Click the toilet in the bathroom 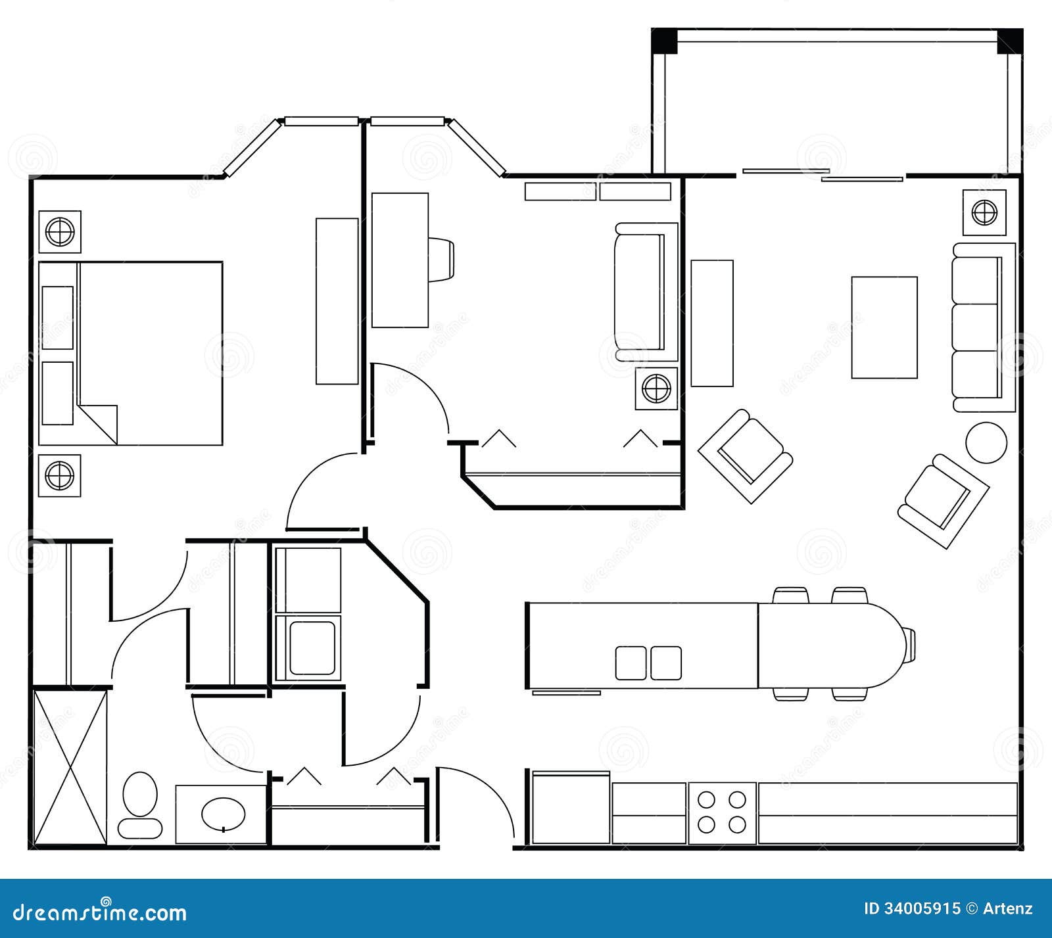click(140, 803)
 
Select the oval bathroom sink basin click(223, 814)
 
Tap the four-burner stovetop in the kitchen click(722, 812)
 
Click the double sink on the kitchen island click(648, 663)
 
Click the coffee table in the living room click(884, 327)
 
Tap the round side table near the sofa click(986, 443)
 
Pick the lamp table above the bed click(60, 232)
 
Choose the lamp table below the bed click(59, 475)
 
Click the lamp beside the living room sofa click(984, 212)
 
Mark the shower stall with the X click(70, 766)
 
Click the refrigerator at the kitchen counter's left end click(570, 808)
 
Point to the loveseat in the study click(645, 292)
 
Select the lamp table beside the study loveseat click(656, 388)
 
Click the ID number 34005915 click(912, 909)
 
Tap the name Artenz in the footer click(1007, 909)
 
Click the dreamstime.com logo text click(100, 912)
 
